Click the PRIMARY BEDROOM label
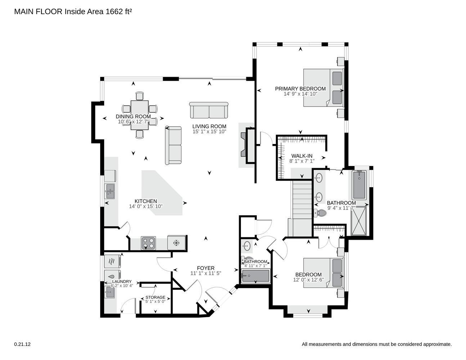click(x=300, y=89)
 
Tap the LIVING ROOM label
click(x=209, y=126)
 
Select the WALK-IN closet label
click(x=302, y=156)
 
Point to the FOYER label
click(x=206, y=268)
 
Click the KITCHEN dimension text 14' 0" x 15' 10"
click(x=146, y=206)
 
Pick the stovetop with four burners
click(x=148, y=243)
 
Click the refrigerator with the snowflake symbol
click(x=176, y=243)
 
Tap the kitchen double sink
click(x=109, y=191)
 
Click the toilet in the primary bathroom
click(x=321, y=213)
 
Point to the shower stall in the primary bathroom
click(x=359, y=221)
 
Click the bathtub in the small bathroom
click(x=255, y=276)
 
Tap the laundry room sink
click(x=110, y=292)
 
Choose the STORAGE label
click(x=155, y=297)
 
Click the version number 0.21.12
click(x=22, y=344)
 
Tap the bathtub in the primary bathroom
click(x=359, y=185)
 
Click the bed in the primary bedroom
click(x=323, y=87)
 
